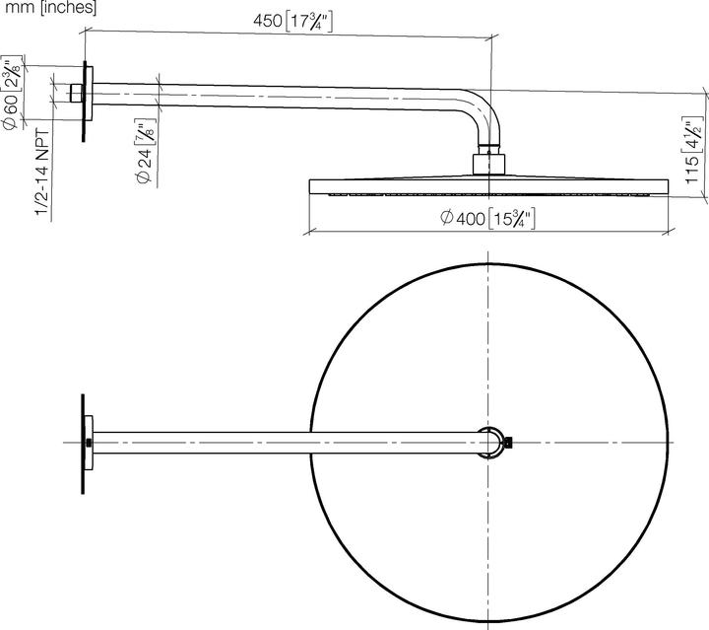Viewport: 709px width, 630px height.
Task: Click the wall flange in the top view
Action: pyautogui.click(x=86, y=443)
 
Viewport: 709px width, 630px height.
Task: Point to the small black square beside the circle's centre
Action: pyautogui.click(x=509, y=444)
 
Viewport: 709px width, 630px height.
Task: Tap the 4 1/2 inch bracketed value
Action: pyautogui.click(x=693, y=131)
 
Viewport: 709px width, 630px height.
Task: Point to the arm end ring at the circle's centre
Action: pyautogui.click(x=489, y=442)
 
